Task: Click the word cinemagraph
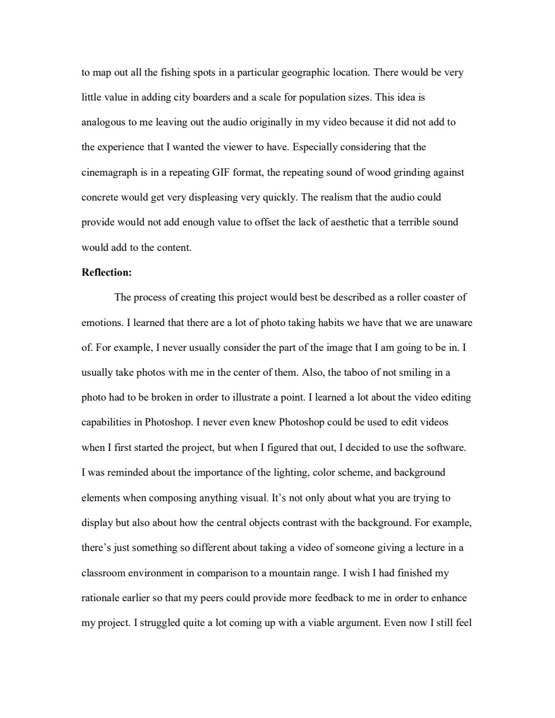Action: tap(108, 173)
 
